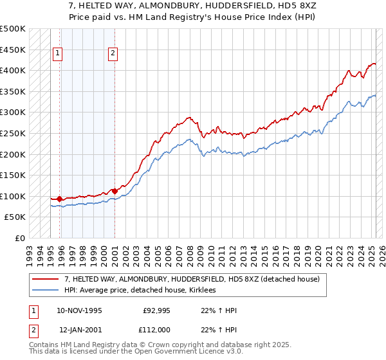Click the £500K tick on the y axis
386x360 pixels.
(13, 29)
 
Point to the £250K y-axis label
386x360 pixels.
(13, 133)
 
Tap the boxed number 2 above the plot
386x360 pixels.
(113, 54)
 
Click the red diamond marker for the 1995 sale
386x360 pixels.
(59, 199)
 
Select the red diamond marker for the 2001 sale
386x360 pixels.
(115, 191)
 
